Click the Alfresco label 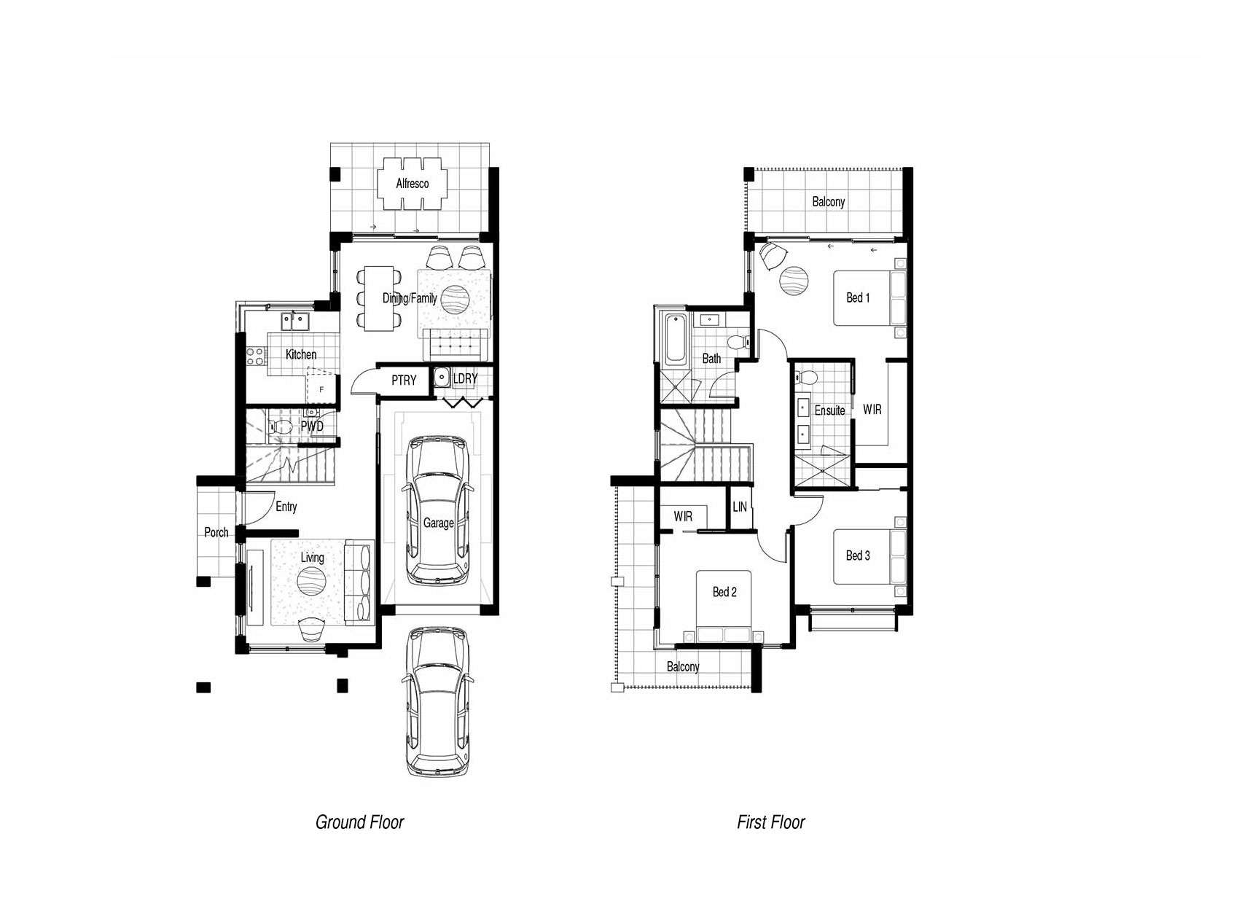click(x=412, y=184)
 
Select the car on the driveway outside click(x=438, y=701)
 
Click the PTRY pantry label click(x=404, y=380)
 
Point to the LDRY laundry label click(x=465, y=378)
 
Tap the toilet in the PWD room click(x=281, y=426)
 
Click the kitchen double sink click(x=295, y=321)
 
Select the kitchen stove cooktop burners click(x=255, y=356)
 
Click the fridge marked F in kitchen click(x=321, y=389)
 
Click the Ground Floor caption click(x=359, y=822)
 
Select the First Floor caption click(x=771, y=822)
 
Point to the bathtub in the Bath click(x=675, y=340)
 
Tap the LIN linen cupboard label click(x=740, y=507)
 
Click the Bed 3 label click(x=858, y=555)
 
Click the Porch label click(x=216, y=532)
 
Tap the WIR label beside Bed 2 click(x=683, y=517)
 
